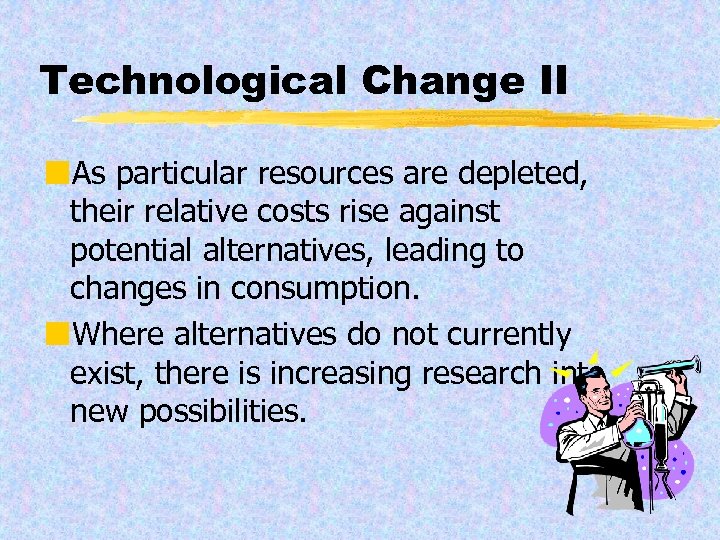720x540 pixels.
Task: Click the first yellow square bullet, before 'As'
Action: pos(62,174)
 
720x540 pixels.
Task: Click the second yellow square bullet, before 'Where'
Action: pos(62,332)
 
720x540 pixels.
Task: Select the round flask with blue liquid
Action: pos(638,431)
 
